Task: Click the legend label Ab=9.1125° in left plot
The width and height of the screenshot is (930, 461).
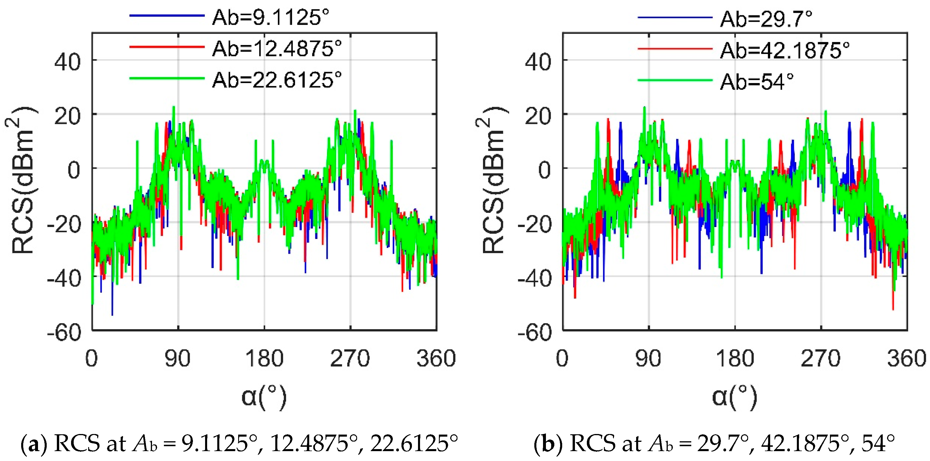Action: (270, 17)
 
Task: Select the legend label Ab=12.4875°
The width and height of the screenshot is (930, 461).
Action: (276, 49)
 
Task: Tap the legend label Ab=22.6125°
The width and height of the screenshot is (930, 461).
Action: (276, 80)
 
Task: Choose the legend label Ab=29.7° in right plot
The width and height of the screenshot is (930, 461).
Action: (766, 19)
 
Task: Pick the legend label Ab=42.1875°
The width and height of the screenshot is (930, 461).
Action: (784, 50)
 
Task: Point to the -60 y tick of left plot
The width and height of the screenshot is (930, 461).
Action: (64, 332)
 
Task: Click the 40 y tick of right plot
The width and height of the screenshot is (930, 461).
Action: (538, 62)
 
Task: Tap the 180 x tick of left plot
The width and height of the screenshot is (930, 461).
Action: (264, 359)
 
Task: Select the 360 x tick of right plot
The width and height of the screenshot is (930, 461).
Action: (907, 359)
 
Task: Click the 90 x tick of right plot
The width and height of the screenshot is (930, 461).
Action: (648, 359)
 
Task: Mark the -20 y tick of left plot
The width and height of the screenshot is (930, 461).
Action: (64, 224)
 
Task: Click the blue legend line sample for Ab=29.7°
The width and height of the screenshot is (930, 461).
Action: (675, 17)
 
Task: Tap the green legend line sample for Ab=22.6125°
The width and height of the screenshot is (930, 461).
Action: (167, 78)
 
